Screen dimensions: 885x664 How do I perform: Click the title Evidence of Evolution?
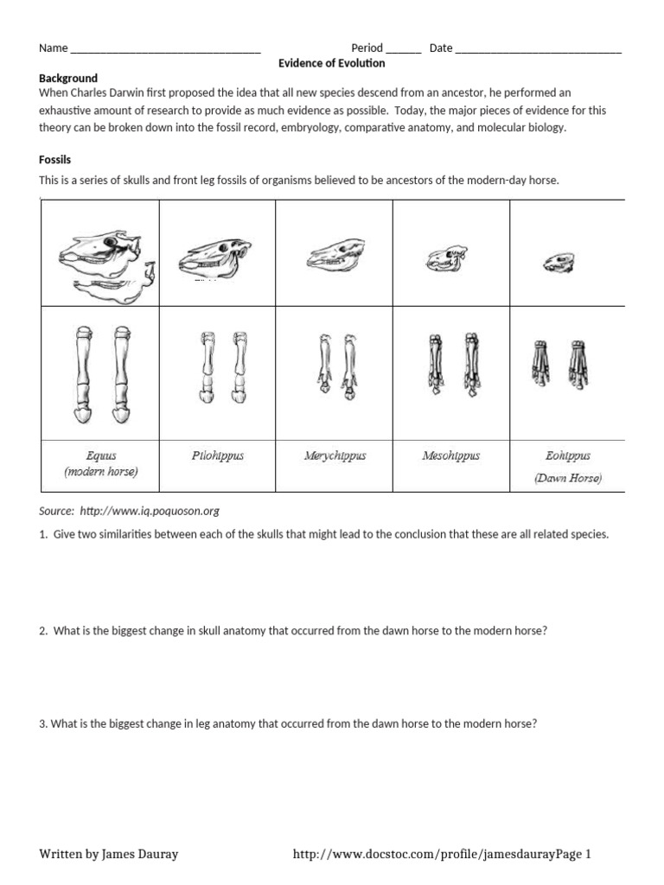[x=332, y=63]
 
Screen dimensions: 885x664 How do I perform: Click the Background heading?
[x=68, y=78]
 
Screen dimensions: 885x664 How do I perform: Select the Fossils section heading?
[x=54, y=160]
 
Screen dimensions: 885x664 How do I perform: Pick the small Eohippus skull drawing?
[x=559, y=262]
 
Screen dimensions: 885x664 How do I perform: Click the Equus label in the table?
[x=101, y=455]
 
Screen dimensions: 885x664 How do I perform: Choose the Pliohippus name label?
[x=217, y=455]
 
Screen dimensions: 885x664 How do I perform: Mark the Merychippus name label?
[x=335, y=455]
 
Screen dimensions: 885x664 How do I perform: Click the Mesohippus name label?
[x=450, y=455]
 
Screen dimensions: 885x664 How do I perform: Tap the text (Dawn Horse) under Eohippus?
[x=568, y=477]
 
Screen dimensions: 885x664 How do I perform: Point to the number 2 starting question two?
[x=42, y=631]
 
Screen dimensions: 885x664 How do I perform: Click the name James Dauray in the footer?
[x=139, y=854]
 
